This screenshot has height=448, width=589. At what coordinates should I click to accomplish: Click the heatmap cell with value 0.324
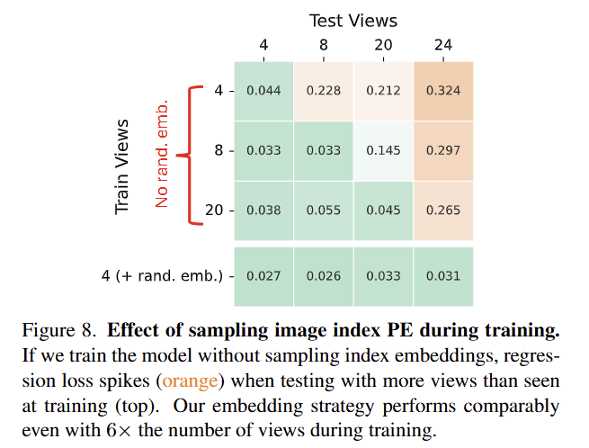(443, 90)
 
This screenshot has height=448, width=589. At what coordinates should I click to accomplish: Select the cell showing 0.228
(324, 90)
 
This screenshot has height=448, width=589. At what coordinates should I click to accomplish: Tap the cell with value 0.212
(383, 90)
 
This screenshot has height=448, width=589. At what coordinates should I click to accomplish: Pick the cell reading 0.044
(263, 90)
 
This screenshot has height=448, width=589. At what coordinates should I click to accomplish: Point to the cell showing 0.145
(383, 150)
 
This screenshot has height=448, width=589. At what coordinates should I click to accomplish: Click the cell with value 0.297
(443, 150)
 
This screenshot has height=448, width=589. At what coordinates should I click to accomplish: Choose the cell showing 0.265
(443, 211)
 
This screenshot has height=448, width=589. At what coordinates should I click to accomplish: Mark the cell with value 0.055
(324, 211)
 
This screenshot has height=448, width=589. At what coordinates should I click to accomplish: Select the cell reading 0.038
(263, 211)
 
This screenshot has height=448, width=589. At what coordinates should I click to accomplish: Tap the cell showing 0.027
(263, 276)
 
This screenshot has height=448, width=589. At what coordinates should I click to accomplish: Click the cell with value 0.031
(443, 276)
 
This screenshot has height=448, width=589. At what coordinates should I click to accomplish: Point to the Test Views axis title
(353, 20)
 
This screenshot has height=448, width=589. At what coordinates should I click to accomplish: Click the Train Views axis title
(124, 166)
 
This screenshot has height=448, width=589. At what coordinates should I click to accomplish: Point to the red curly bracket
(187, 154)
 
